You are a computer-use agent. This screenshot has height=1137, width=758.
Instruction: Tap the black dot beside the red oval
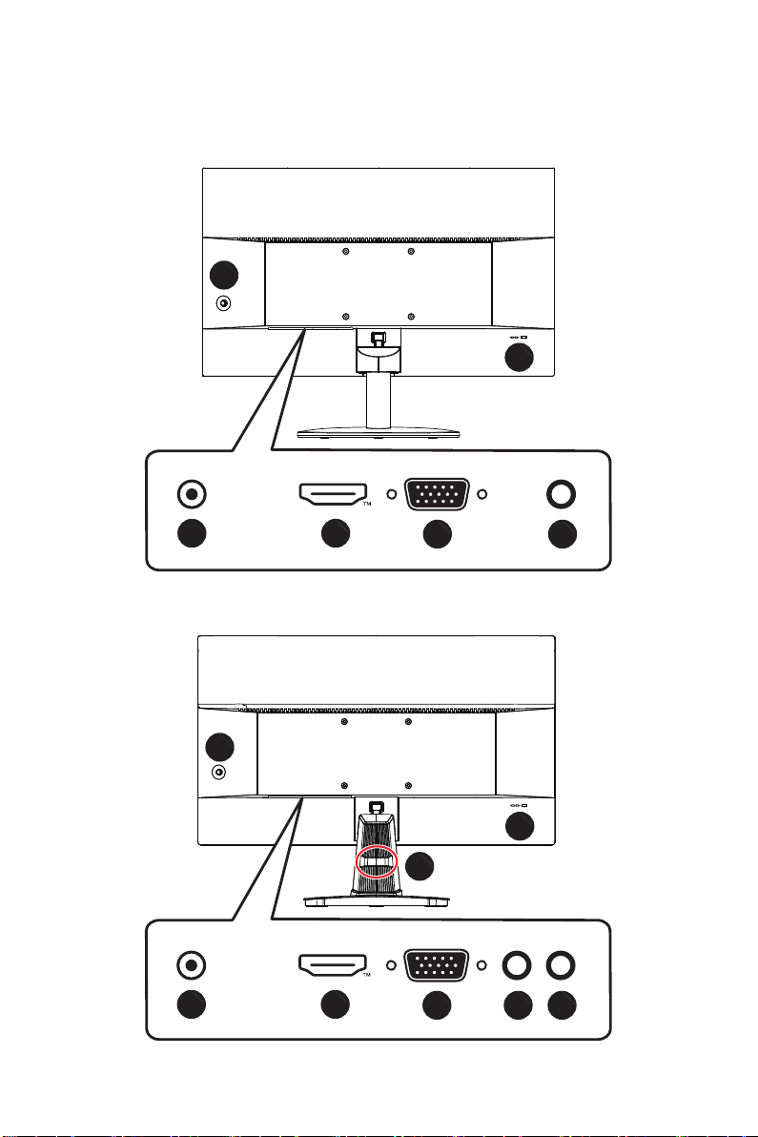pos(420,866)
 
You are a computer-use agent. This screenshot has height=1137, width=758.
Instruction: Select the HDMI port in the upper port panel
pos(333,494)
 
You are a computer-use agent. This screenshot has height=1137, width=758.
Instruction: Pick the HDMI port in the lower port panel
pos(333,965)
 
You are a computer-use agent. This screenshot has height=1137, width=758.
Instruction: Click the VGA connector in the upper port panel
pos(437,494)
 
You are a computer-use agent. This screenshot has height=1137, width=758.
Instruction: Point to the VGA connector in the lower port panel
pos(437,965)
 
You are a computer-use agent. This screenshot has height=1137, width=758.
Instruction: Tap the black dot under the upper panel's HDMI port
pos(336,534)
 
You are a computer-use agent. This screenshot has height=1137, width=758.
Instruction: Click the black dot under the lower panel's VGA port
pos(437,1005)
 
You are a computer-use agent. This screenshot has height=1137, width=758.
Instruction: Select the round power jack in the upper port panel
pos(192,494)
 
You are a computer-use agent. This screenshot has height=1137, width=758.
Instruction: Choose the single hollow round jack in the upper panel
pos(562,494)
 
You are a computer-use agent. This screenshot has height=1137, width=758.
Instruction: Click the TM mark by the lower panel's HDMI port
pos(367,975)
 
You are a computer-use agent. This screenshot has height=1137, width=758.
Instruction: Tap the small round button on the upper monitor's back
pos(224,304)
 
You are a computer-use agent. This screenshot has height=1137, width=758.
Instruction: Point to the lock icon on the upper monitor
pos(524,337)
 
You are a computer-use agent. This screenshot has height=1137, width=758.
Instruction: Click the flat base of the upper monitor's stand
pos(378,433)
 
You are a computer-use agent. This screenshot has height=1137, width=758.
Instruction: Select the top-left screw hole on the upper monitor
pos(345,252)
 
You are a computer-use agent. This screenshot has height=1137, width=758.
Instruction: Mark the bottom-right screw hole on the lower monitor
pos(409,786)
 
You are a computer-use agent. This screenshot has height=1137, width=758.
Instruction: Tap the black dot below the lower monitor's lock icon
pos(519,825)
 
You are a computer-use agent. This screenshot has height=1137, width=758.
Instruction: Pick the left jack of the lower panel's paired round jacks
pos(517,965)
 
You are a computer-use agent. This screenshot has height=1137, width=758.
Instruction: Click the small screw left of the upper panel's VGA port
pos(391,494)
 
